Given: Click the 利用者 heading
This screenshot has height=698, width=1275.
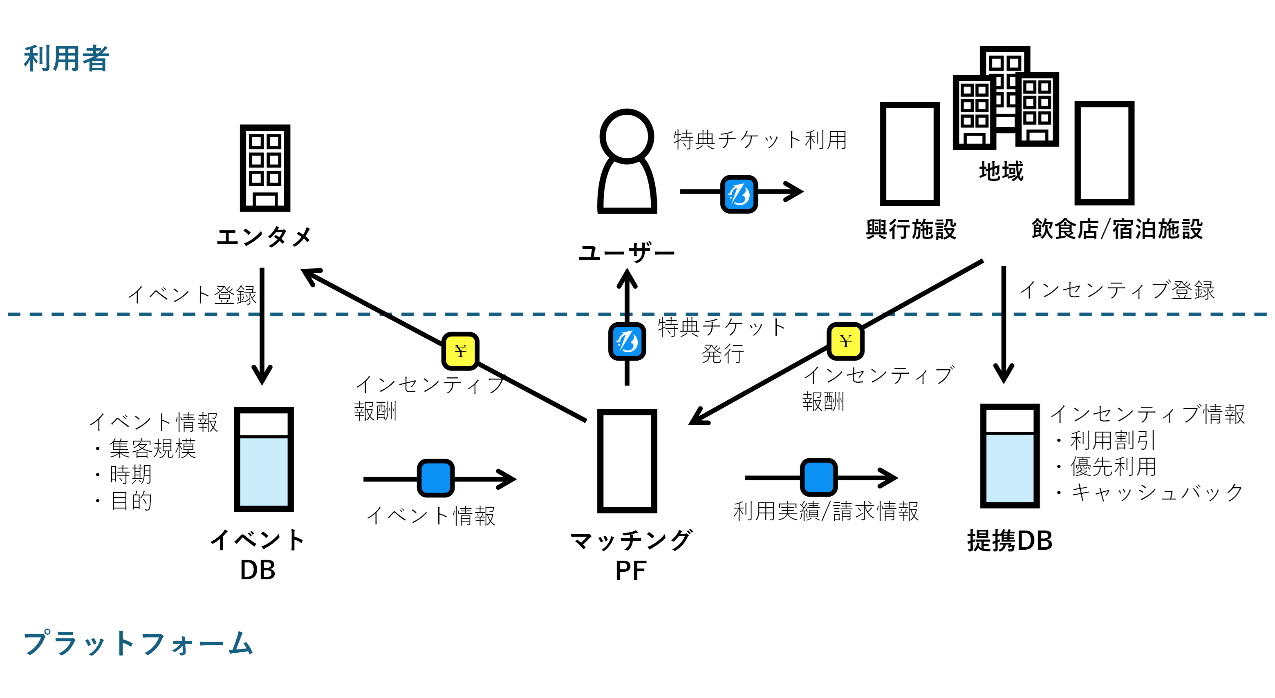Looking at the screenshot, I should [66, 58].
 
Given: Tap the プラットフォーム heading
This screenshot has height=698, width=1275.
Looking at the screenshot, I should [139, 643].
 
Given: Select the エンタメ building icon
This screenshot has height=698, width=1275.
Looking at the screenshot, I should [265, 168].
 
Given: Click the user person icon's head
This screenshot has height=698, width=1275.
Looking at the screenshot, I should [627, 136].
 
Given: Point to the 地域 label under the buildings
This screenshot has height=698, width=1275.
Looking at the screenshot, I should [1001, 171].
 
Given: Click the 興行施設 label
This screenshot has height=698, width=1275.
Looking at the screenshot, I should [911, 230].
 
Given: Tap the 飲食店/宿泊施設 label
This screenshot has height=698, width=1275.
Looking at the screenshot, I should [1117, 230].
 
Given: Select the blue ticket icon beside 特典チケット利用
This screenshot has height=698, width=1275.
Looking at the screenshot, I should [739, 194].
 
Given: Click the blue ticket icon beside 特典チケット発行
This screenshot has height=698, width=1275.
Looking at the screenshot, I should [627, 341].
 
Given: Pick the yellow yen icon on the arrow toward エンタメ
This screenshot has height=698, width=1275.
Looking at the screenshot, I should [460, 351].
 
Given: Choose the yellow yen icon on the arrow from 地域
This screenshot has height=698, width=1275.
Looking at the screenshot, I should [845, 341].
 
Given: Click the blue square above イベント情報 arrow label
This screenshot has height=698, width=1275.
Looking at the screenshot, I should [435, 478].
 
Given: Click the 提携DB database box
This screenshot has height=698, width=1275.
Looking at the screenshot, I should [1010, 456].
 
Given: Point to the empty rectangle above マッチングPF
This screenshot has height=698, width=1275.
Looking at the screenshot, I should [627, 461].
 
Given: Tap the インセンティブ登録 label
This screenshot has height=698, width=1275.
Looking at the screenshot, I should [1117, 290].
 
